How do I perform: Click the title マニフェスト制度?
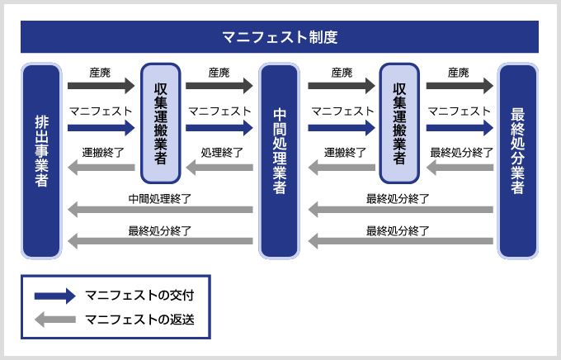click(x=280, y=37)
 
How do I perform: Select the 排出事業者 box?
click(x=41, y=160)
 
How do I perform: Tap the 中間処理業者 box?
click(x=279, y=160)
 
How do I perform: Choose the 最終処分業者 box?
click(x=517, y=160)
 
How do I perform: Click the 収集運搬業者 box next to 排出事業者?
click(x=160, y=123)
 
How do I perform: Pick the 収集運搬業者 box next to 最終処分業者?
click(x=398, y=123)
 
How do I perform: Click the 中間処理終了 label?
click(x=160, y=198)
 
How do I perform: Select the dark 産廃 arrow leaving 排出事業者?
click(x=100, y=85)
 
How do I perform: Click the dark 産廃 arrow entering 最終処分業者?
click(x=459, y=85)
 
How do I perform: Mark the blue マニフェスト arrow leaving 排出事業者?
click(x=100, y=128)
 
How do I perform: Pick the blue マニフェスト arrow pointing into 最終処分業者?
click(x=459, y=128)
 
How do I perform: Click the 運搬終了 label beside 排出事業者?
click(x=104, y=153)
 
